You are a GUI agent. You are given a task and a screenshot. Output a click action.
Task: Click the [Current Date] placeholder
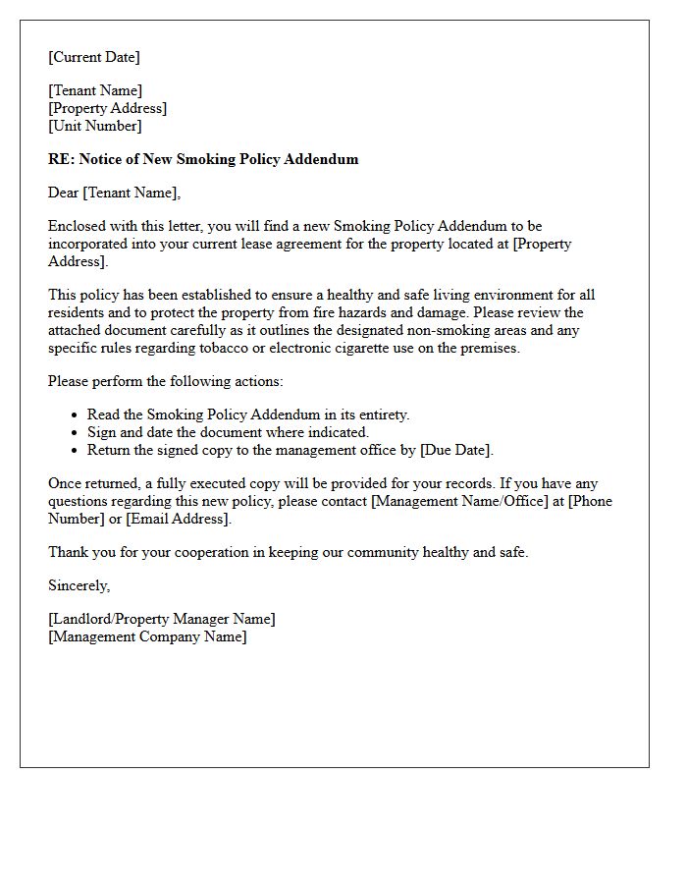point(94,57)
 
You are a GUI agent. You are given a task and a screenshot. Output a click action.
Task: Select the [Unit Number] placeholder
point(94,126)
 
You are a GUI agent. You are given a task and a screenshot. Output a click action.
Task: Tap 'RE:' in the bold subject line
point(61,159)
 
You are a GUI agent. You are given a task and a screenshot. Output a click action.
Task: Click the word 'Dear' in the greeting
point(64,193)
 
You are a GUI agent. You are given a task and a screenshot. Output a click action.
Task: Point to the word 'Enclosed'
point(77,226)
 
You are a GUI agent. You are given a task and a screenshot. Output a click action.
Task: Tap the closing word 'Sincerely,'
point(79,585)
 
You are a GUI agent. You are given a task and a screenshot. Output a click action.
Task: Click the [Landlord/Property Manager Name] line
point(162,619)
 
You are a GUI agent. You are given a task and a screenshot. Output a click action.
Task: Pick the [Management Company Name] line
point(147,636)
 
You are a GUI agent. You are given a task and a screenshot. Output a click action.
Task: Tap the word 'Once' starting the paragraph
point(65,483)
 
